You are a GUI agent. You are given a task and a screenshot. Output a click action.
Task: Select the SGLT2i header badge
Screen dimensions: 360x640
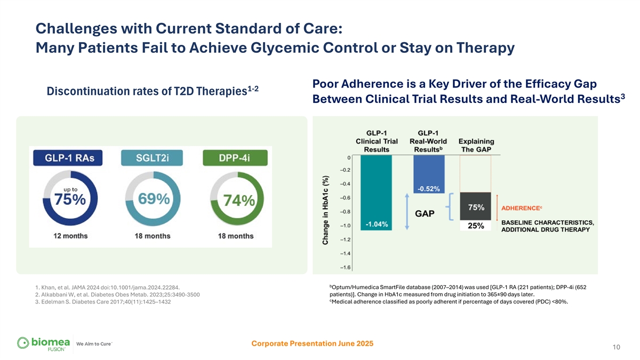(x=151, y=158)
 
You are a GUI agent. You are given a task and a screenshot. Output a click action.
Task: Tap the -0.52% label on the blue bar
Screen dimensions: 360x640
(x=428, y=188)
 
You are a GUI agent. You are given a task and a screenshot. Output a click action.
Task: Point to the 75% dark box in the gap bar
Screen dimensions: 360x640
(x=476, y=207)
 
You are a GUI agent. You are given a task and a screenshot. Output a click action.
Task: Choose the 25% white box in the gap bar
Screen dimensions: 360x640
(x=476, y=226)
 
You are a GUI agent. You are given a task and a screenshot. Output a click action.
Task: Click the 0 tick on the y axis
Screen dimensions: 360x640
(x=348, y=157)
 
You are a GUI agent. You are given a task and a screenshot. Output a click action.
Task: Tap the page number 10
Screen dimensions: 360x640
(x=616, y=348)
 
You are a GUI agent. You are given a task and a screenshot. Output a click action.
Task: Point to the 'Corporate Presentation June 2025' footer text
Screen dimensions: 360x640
(x=312, y=343)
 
